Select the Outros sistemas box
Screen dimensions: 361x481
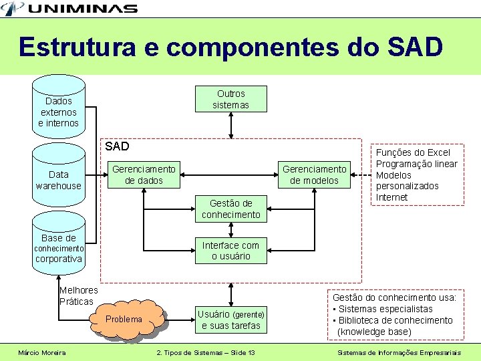(x=230, y=99)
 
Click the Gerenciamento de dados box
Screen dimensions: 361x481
(x=144, y=174)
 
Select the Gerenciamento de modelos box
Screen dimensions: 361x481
(x=314, y=174)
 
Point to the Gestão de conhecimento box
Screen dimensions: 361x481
(x=230, y=209)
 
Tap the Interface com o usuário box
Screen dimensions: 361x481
(x=230, y=250)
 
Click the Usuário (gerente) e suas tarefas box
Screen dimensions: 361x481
(x=230, y=320)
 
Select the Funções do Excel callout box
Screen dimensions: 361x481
(x=416, y=174)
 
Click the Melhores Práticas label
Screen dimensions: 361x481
(x=78, y=295)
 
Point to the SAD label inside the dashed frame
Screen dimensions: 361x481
(x=117, y=146)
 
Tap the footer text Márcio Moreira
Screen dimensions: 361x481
(x=42, y=352)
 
